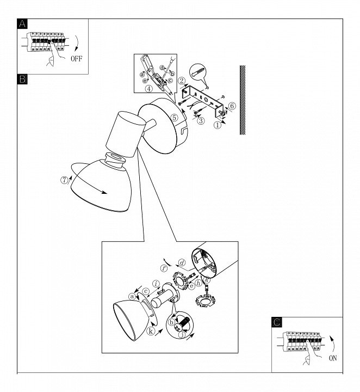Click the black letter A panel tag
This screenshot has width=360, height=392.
coord(22,23)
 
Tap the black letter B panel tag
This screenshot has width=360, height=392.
coord(22,79)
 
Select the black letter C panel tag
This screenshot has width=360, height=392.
coord(277,322)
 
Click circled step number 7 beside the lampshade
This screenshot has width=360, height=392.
coord(65,180)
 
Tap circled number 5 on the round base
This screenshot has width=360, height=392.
coord(174,117)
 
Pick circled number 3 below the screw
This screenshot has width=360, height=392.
coord(201,120)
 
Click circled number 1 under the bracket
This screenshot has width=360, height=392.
coord(218,124)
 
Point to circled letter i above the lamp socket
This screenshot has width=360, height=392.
coord(156,283)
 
